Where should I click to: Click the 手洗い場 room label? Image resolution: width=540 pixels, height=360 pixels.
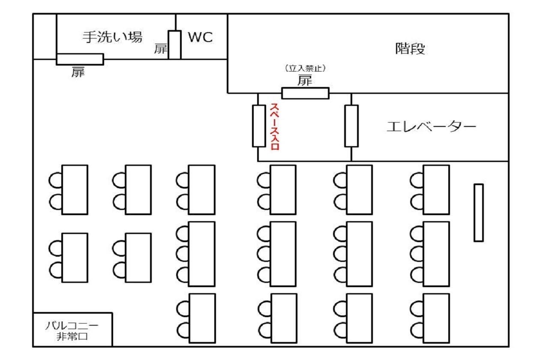(x=112, y=37)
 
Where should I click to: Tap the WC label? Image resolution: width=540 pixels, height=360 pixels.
(x=200, y=37)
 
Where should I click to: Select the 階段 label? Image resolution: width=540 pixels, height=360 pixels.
(x=410, y=49)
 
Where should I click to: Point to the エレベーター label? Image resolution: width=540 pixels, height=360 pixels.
(x=431, y=127)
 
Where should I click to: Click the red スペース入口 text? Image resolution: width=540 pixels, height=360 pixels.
(x=274, y=126)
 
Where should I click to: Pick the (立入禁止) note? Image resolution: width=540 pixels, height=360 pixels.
(x=305, y=68)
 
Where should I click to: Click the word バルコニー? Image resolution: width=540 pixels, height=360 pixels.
(x=72, y=326)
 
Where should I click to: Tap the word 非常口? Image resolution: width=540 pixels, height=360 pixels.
(x=72, y=336)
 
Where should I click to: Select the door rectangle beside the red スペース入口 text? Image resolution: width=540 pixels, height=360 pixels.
(x=259, y=126)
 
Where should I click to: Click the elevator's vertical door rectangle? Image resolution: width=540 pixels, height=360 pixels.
(x=351, y=126)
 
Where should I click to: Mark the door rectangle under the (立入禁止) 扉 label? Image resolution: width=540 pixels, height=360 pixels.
(x=305, y=93)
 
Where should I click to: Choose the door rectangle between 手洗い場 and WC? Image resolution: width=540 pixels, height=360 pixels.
(x=174, y=45)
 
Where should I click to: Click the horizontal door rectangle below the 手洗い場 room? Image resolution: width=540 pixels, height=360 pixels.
(x=80, y=59)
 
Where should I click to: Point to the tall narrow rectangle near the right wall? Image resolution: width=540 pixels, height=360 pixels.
(x=478, y=213)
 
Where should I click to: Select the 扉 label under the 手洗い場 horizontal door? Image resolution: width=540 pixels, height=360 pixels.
(x=78, y=73)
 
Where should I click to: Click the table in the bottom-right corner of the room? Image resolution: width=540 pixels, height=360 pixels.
(x=436, y=318)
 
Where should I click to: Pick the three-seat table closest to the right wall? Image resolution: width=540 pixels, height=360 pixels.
(x=436, y=254)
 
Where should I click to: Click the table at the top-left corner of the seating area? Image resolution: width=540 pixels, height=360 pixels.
(x=75, y=189)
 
